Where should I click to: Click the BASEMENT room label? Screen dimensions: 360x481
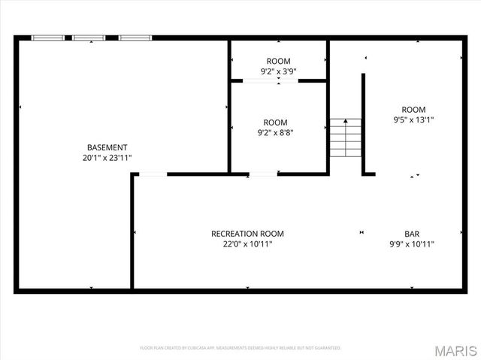pos(107,147)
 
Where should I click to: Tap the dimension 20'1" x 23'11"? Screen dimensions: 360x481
pos(107,158)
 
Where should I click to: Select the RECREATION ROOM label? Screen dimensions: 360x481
pos(247,234)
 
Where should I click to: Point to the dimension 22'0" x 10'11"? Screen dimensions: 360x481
pos(247,244)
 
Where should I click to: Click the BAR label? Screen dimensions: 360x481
pos(413,234)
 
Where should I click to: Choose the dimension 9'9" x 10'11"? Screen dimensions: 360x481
pos(413,244)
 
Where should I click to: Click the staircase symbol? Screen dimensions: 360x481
pos(345,138)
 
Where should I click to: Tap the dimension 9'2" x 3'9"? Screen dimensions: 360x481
pos(278,71)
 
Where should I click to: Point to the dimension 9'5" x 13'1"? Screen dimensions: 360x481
pos(413,119)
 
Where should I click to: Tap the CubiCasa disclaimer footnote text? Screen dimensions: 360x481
pos(240,348)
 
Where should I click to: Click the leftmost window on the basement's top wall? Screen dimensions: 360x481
pos(47,37)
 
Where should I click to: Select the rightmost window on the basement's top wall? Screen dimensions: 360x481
pos(135,37)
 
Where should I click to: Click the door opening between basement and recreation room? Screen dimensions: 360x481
pos(153,174)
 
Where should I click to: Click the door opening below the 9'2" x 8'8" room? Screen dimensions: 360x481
pos(262,174)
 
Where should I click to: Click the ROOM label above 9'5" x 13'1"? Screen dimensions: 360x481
pos(413,109)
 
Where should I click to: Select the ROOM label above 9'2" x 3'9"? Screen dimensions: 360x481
pos(278,61)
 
